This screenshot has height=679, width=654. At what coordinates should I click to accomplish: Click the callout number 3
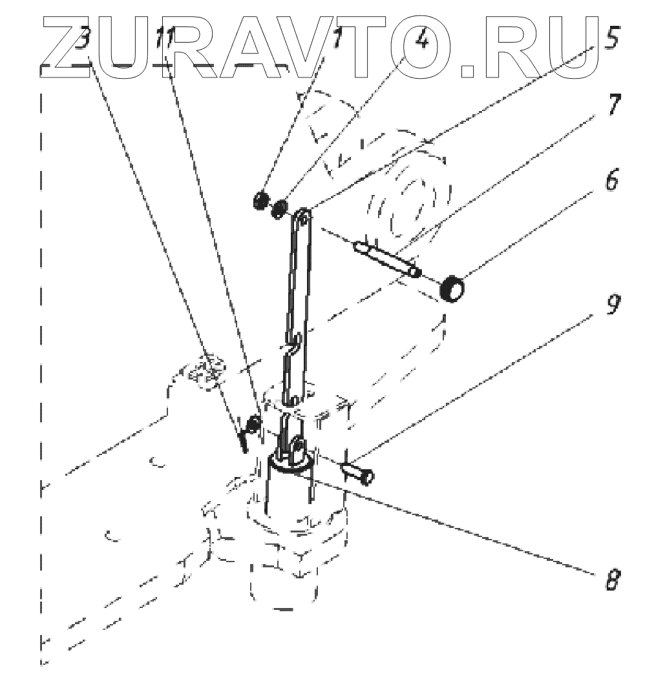[82, 45]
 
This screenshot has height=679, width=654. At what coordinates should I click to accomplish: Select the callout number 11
[164, 45]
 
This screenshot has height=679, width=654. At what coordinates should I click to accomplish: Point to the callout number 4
[421, 43]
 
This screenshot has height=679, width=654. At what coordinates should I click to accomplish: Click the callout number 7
[611, 103]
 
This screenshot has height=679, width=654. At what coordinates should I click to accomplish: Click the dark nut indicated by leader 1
[260, 200]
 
